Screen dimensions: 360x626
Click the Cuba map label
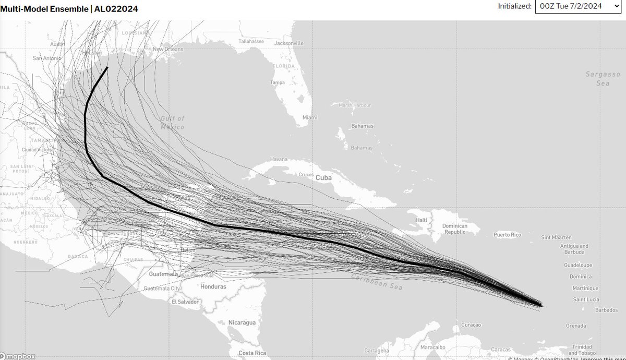tap(323, 178)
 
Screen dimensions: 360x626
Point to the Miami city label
tap(309, 117)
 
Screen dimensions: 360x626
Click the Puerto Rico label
tap(507, 235)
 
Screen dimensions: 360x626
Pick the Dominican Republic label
tap(453, 229)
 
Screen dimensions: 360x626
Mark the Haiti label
tap(422, 220)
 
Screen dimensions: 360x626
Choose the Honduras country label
tap(213, 286)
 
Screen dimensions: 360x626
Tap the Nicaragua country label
tap(242, 322)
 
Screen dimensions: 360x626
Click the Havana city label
tap(279, 159)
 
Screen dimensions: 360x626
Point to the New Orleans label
tap(168, 49)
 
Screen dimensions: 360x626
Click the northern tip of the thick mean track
tap(107, 67)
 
